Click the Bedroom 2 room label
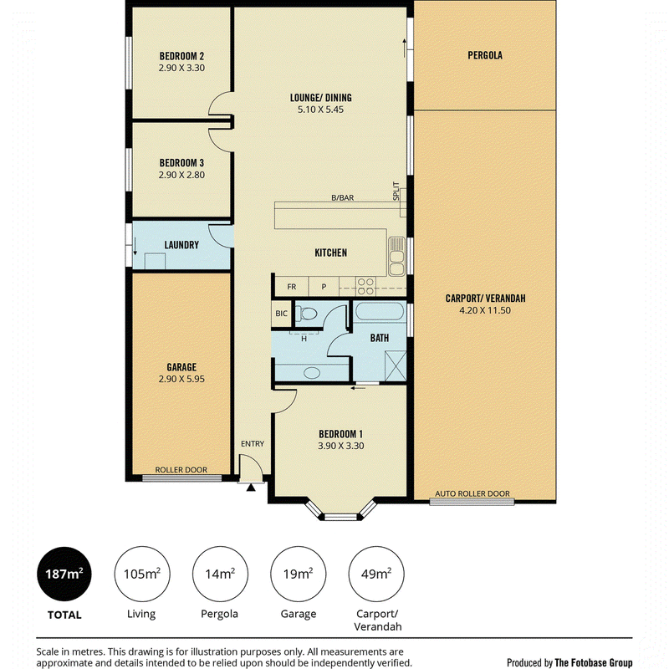pyautogui.click(x=181, y=56)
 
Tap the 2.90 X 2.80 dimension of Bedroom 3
pyautogui.click(x=181, y=175)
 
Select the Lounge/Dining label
pyautogui.click(x=321, y=98)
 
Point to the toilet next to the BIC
pyautogui.click(x=307, y=314)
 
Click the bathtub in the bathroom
pyautogui.click(x=380, y=311)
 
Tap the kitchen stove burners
pyautogui.click(x=365, y=286)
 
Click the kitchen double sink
pyautogui.click(x=396, y=257)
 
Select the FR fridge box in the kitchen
pyautogui.click(x=291, y=287)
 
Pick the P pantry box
pyautogui.click(x=324, y=287)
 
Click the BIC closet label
pyautogui.click(x=281, y=314)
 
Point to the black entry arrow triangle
pyautogui.click(x=251, y=487)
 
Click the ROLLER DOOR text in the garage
pyautogui.click(x=181, y=470)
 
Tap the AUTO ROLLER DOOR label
pyautogui.click(x=472, y=493)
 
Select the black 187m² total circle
pyautogui.click(x=64, y=574)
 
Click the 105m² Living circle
pyautogui.click(x=142, y=574)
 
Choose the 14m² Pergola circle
pyautogui.click(x=220, y=574)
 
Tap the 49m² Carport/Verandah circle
pyautogui.click(x=376, y=574)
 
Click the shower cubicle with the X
pyautogui.click(x=396, y=365)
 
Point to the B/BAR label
pyautogui.click(x=343, y=198)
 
